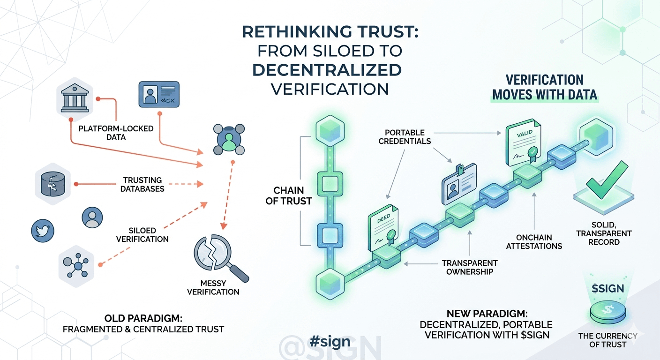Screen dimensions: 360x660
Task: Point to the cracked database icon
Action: [x=51, y=184]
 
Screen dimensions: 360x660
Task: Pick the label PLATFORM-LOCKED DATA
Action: [x=116, y=133]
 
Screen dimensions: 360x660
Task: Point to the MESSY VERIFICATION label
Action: [x=213, y=287]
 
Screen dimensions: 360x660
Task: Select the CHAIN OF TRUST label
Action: [x=289, y=195]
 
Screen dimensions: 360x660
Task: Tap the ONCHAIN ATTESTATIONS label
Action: [x=534, y=241]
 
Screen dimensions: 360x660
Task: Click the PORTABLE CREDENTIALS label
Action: [x=408, y=136]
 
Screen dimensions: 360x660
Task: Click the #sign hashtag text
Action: [x=330, y=341]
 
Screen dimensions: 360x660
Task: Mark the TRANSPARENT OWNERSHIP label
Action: [x=469, y=267]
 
